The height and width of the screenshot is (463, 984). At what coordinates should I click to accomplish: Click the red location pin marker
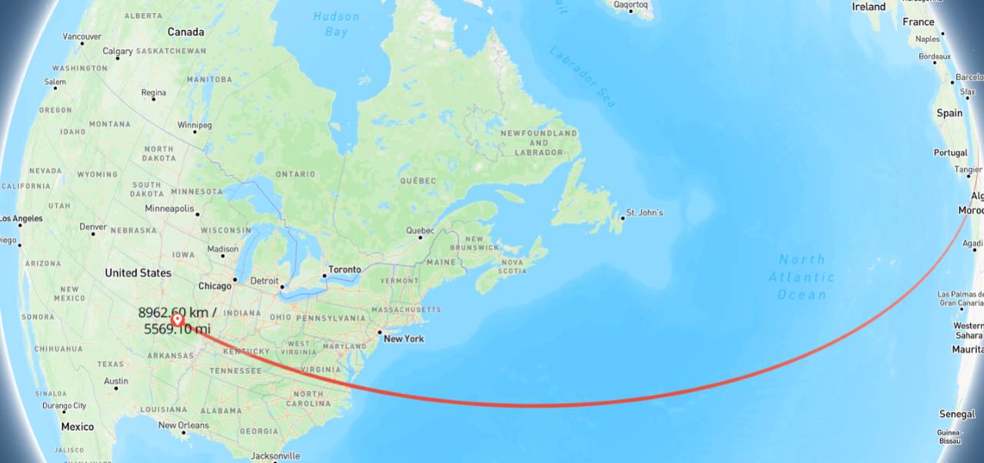point(178,319)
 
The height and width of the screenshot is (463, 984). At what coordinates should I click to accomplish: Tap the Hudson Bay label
point(336,24)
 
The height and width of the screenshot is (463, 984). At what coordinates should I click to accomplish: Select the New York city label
point(404,338)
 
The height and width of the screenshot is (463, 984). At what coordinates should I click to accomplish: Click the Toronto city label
point(344,270)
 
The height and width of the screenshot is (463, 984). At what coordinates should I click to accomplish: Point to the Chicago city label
point(214,286)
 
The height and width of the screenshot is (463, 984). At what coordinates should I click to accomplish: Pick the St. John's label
point(644,212)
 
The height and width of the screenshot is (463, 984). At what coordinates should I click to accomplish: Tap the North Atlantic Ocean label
point(802,277)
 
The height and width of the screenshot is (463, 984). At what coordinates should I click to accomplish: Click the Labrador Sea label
point(583,77)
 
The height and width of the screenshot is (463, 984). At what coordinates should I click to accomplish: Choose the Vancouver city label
point(81,36)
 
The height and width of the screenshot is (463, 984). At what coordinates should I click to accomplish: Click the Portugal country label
point(950,153)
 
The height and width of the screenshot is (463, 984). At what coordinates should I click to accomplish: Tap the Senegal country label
point(957,414)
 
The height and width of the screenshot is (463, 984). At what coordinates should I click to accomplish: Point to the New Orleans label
point(183,425)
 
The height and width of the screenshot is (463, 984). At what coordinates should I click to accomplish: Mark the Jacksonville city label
point(274,455)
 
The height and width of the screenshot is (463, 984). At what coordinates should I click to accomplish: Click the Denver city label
point(93,227)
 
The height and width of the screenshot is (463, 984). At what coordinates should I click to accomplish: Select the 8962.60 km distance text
point(178,312)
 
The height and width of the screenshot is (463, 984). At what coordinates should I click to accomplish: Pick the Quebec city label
point(420,230)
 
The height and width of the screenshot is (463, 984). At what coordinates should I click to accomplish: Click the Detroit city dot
point(282,287)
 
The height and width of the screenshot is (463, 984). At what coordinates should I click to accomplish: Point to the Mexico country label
point(77,427)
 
